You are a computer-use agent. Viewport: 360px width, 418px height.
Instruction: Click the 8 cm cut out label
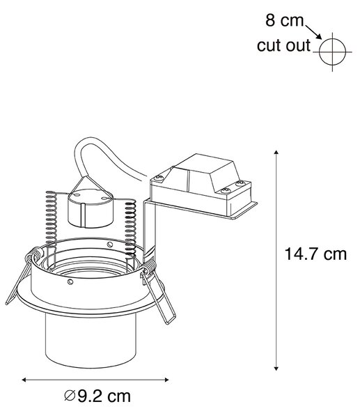[284, 33]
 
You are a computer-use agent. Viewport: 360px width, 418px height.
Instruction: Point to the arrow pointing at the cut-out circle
[313, 32]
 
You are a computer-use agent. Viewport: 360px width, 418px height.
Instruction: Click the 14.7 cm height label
[315, 254]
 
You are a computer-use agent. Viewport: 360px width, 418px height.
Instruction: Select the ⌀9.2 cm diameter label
[97, 396]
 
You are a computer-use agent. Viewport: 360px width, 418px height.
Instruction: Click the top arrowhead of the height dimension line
[276, 153]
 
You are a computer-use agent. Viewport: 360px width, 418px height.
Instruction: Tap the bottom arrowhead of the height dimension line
[276, 368]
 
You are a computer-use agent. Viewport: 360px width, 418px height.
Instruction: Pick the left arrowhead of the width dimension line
[24, 380]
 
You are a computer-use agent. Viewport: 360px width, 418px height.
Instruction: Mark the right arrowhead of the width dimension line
[166, 380]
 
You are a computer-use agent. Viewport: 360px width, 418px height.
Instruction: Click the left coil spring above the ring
[51, 219]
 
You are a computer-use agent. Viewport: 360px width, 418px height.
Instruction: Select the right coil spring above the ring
[131, 229]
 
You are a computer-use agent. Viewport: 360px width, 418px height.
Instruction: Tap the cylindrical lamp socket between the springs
[91, 208]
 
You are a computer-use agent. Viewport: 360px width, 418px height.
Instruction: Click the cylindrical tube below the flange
[91, 342]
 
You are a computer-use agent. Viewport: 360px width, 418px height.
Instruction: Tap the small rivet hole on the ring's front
[70, 281]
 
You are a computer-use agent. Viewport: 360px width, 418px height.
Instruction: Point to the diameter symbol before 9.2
[70, 396]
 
